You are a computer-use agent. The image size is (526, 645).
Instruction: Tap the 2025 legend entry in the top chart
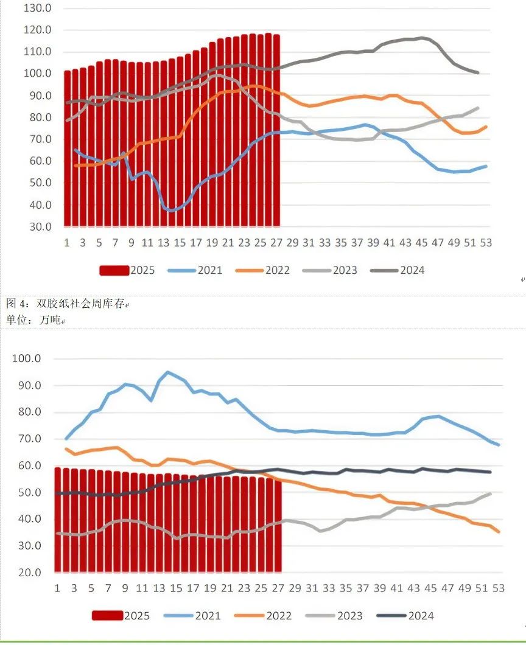click(127, 270)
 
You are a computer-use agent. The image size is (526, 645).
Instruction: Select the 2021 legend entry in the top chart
click(194, 270)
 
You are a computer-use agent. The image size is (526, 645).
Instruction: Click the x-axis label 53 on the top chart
click(485, 242)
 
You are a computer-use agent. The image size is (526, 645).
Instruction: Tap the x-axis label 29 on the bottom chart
click(295, 588)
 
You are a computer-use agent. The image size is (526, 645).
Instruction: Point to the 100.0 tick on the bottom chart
click(27, 358)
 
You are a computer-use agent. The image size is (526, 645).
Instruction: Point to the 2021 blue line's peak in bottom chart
click(167, 372)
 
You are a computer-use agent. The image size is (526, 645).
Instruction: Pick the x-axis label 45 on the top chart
click(421, 242)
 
